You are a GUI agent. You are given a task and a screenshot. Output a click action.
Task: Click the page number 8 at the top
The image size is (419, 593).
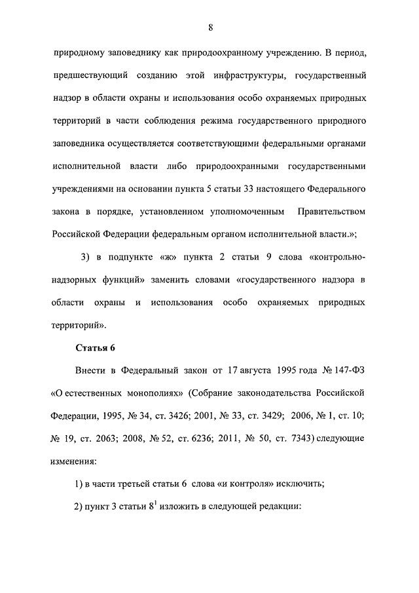pyautogui.click(x=210, y=27)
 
